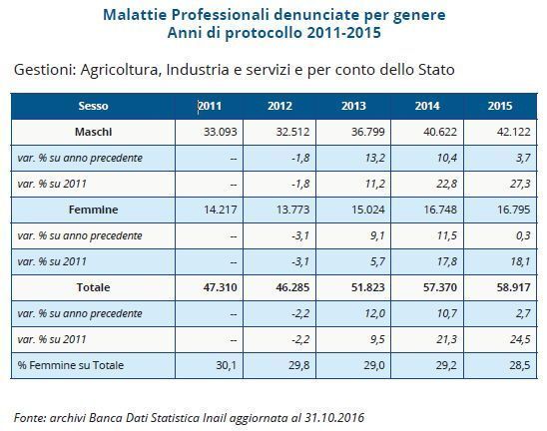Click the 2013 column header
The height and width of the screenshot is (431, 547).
click(x=353, y=106)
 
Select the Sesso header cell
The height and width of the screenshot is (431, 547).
click(x=93, y=106)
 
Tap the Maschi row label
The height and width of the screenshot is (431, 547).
click(x=93, y=132)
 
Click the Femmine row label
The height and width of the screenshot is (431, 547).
click(x=93, y=210)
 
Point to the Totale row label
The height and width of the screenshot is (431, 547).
click(x=93, y=287)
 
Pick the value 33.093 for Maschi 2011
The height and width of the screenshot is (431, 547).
click(x=221, y=132)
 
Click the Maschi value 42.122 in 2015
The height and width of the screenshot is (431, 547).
click(x=513, y=132)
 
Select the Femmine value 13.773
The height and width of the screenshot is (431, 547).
click(x=292, y=210)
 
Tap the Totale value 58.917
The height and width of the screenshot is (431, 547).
click(x=513, y=287)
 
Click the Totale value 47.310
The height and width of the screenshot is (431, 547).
click(x=221, y=287)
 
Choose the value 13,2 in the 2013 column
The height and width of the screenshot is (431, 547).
click(x=375, y=158)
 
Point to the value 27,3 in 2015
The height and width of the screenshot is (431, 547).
click(x=520, y=184)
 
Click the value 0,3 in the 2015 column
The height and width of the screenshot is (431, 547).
click(x=523, y=235)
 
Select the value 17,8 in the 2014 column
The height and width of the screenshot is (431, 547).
click(x=447, y=261)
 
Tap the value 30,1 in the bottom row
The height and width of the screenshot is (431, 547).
click(x=227, y=365)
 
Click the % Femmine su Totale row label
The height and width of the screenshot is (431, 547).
click(x=71, y=365)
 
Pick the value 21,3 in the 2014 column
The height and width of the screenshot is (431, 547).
click(x=447, y=339)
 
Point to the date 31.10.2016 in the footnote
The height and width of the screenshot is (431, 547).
click(x=334, y=417)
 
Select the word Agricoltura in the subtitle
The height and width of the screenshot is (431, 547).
click(x=121, y=70)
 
